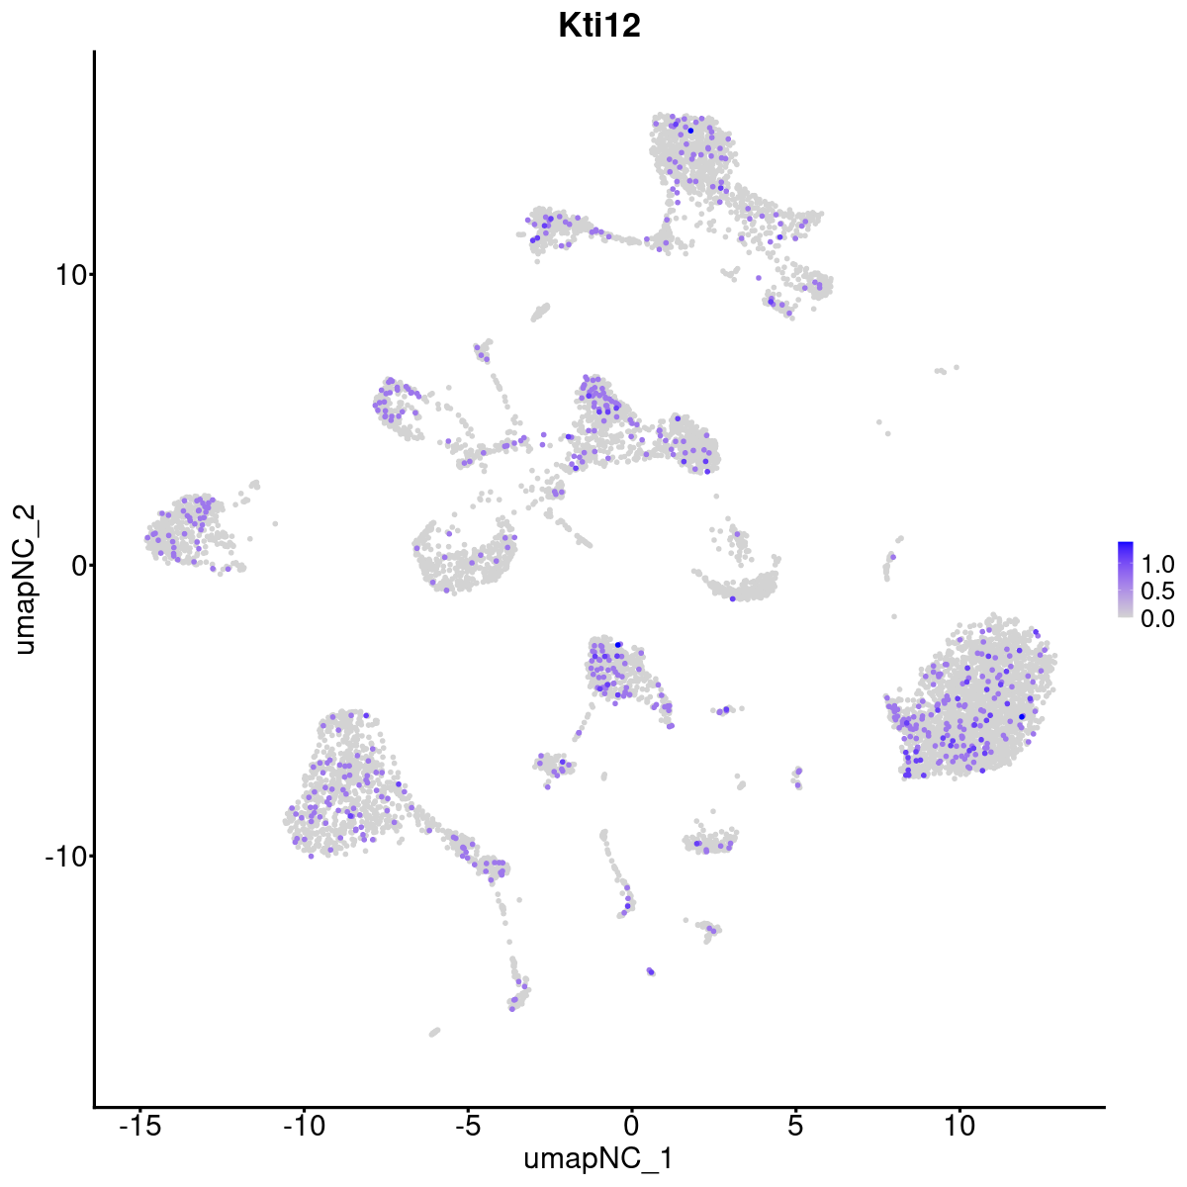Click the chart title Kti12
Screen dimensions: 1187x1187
pos(599,27)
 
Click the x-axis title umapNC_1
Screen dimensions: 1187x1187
pos(599,1158)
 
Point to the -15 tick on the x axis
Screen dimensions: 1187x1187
pos(140,1125)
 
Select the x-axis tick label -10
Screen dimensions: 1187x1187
pos(304,1125)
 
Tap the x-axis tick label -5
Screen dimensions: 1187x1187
pos(468,1125)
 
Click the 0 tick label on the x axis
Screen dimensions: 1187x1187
pos(631,1125)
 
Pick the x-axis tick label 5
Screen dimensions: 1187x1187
pos(795,1125)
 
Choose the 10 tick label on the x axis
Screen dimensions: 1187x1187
pos(959,1125)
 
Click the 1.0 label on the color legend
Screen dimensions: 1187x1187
pos(1157,565)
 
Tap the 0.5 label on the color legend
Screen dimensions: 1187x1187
pos(1157,592)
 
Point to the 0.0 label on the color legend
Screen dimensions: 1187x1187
pos(1157,618)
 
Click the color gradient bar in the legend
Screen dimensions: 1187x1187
pos(1126,580)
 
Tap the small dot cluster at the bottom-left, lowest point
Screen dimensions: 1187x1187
pos(434,1032)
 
